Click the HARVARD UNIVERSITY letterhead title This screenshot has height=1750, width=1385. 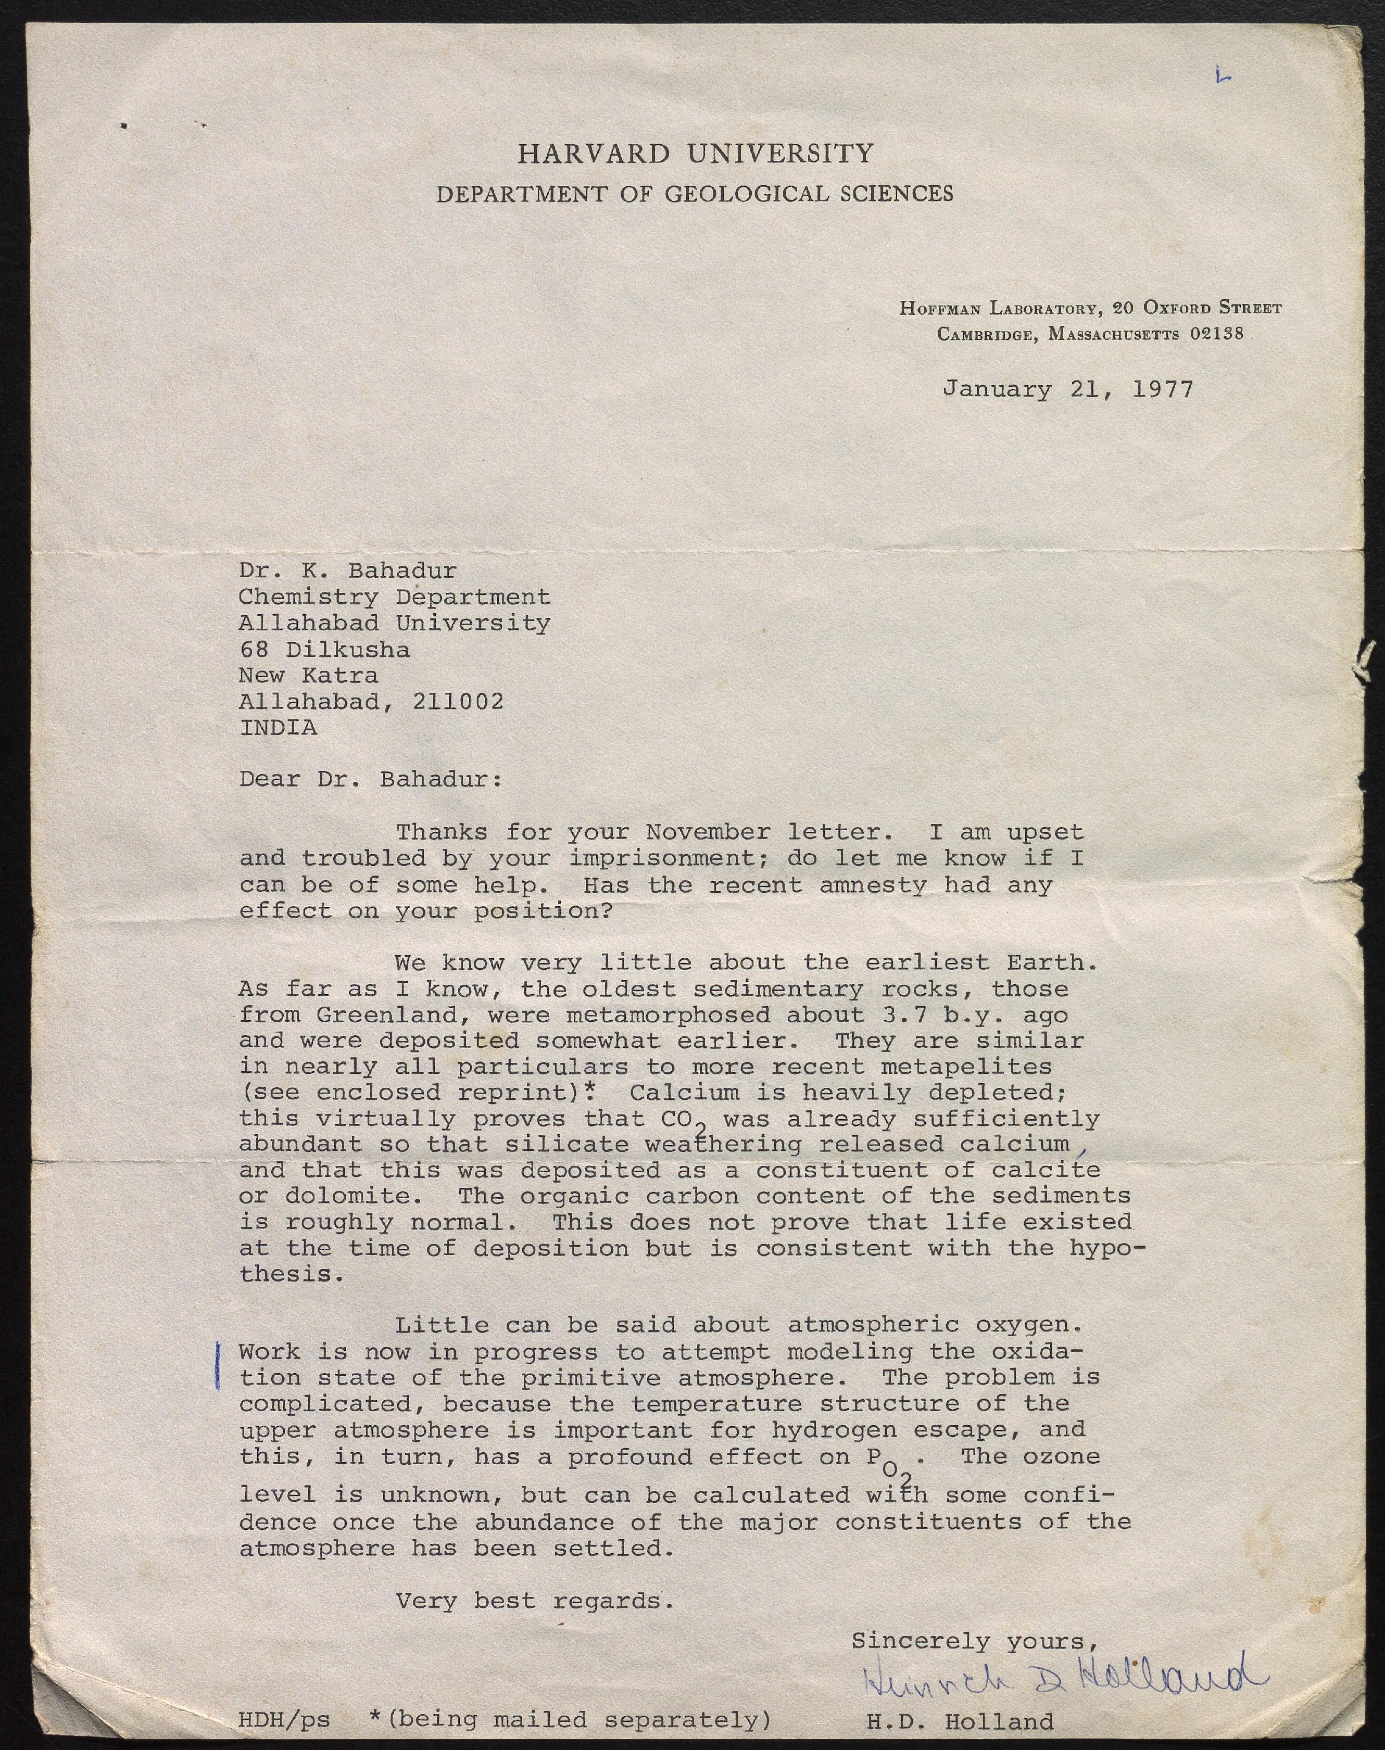(695, 153)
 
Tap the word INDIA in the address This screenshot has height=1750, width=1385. (278, 727)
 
